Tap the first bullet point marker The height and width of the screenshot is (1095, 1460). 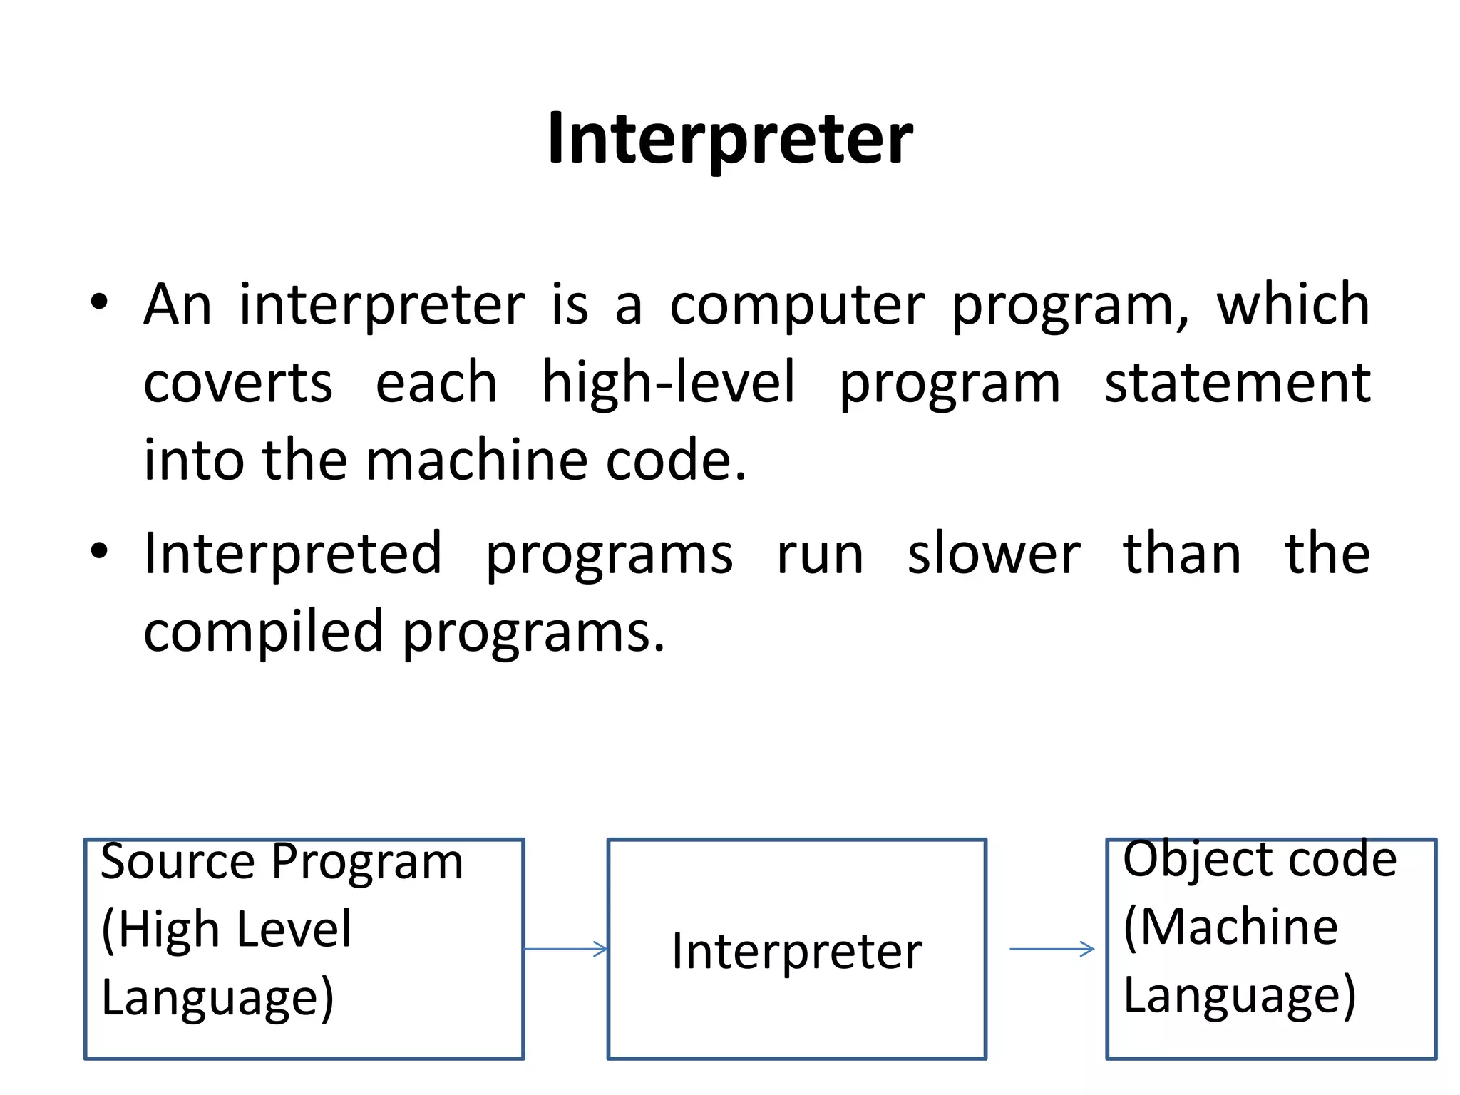click(x=99, y=302)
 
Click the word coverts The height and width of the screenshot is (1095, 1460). click(x=237, y=383)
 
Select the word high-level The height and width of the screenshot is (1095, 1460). click(x=668, y=383)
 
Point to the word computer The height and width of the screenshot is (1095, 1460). click(x=797, y=305)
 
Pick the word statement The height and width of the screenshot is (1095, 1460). click(x=1237, y=383)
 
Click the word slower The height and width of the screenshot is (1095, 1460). click(x=993, y=554)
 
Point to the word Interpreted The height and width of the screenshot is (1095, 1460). click(x=293, y=554)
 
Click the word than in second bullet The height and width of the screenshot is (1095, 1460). click(x=1181, y=554)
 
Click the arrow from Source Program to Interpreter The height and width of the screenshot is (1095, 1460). click(x=566, y=949)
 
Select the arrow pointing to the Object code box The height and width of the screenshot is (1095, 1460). click(x=1052, y=949)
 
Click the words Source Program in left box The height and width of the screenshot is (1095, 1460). click(x=282, y=862)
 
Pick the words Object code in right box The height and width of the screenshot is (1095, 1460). click(x=1259, y=859)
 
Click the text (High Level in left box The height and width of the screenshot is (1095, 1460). click(x=227, y=930)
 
